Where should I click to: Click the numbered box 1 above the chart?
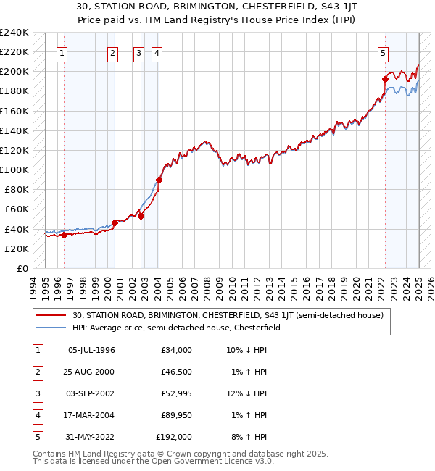pyautogui.click(x=62, y=52)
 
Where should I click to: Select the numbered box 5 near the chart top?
pyautogui.click(x=382, y=52)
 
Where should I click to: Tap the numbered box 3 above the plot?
pyautogui.click(x=138, y=52)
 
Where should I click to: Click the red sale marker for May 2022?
pyautogui.click(x=385, y=79)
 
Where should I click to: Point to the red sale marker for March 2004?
pyautogui.click(x=159, y=180)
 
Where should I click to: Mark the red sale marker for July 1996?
pyautogui.click(x=64, y=235)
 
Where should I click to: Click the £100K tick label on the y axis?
pyautogui.click(x=14, y=170)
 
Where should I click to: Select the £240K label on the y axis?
pyautogui.click(x=14, y=33)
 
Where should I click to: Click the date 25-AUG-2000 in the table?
pyautogui.click(x=91, y=372)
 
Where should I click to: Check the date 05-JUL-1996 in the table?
pyautogui.click(x=91, y=350)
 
